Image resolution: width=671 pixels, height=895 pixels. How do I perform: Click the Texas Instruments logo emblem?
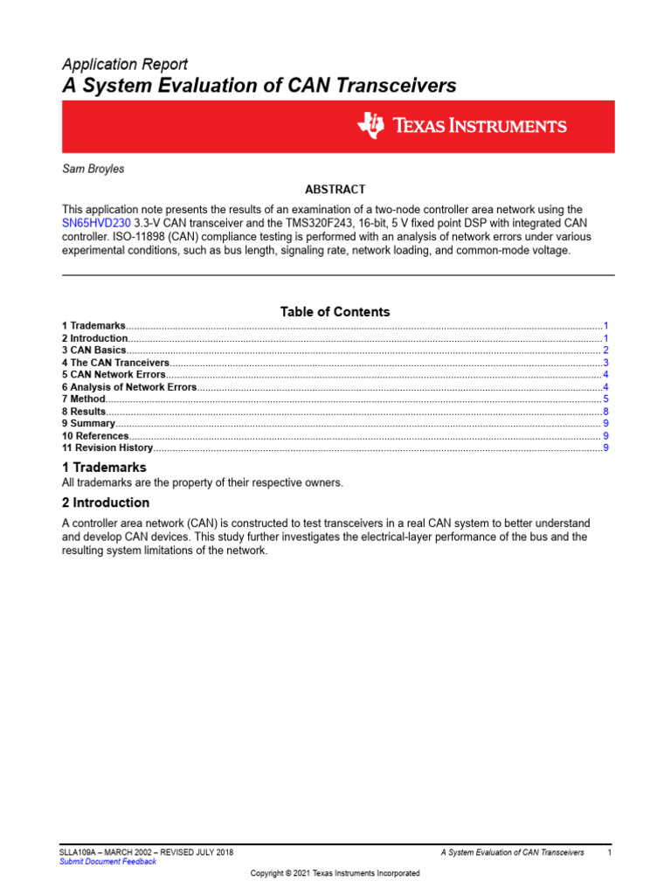[x=370, y=126]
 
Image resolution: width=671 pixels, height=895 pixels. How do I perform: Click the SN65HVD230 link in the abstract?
[x=96, y=223]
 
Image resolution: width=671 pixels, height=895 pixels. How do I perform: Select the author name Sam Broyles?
[x=93, y=169]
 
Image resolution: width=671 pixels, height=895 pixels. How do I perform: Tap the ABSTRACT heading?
[x=335, y=190]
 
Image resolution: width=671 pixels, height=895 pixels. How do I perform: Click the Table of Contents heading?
[x=335, y=312]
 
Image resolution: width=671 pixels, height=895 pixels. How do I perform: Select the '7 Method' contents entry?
[x=83, y=399]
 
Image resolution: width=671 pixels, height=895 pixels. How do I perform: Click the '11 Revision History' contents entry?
[x=107, y=448]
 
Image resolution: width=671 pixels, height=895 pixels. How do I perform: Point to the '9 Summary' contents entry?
[x=88, y=424]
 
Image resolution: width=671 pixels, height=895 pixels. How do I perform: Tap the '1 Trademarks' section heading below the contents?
[x=104, y=468]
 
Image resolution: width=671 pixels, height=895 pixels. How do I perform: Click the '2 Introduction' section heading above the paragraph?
[x=106, y=503]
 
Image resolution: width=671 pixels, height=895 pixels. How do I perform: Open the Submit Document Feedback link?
[x=107, y=862]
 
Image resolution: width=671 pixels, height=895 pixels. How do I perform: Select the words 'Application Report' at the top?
[x=125, y=65]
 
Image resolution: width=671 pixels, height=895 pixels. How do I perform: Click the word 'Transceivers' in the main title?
[x=388, y=86]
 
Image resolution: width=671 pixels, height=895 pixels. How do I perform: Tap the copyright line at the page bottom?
[x=335, y=873]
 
